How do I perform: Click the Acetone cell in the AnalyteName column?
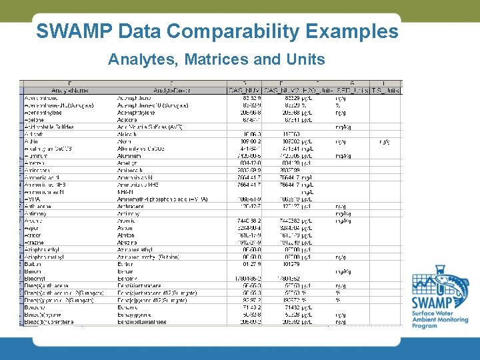pos(35,120)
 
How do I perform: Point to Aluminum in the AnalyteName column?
pos(36,155)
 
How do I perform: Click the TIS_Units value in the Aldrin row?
pos(385,141)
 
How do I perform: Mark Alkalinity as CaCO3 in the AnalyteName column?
pos(47,148)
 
